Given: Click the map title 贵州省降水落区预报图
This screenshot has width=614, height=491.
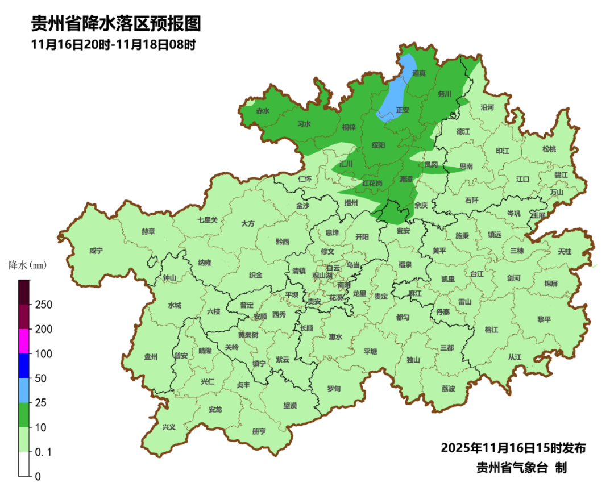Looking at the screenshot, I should [x=115, y=24].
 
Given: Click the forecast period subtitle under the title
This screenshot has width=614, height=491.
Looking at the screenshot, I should [x=114, y=45].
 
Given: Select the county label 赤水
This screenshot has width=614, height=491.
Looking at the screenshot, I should [x=263, y=111].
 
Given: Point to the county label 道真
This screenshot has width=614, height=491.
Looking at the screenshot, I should [x=419, y=73].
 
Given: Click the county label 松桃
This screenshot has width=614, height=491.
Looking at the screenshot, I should [x=549, y=149].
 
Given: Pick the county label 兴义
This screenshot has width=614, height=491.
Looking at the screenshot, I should [x=169, y=427].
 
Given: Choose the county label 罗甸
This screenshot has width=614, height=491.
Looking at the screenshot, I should [x=334, y=389].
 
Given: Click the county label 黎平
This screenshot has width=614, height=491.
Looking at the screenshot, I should [x=544, y=319].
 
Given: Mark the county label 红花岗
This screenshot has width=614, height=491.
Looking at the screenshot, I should [x=372, y=183].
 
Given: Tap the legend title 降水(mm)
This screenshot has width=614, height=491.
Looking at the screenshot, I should [x=27, y=265].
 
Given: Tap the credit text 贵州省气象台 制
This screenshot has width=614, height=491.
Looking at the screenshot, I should [x=521, y=468].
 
